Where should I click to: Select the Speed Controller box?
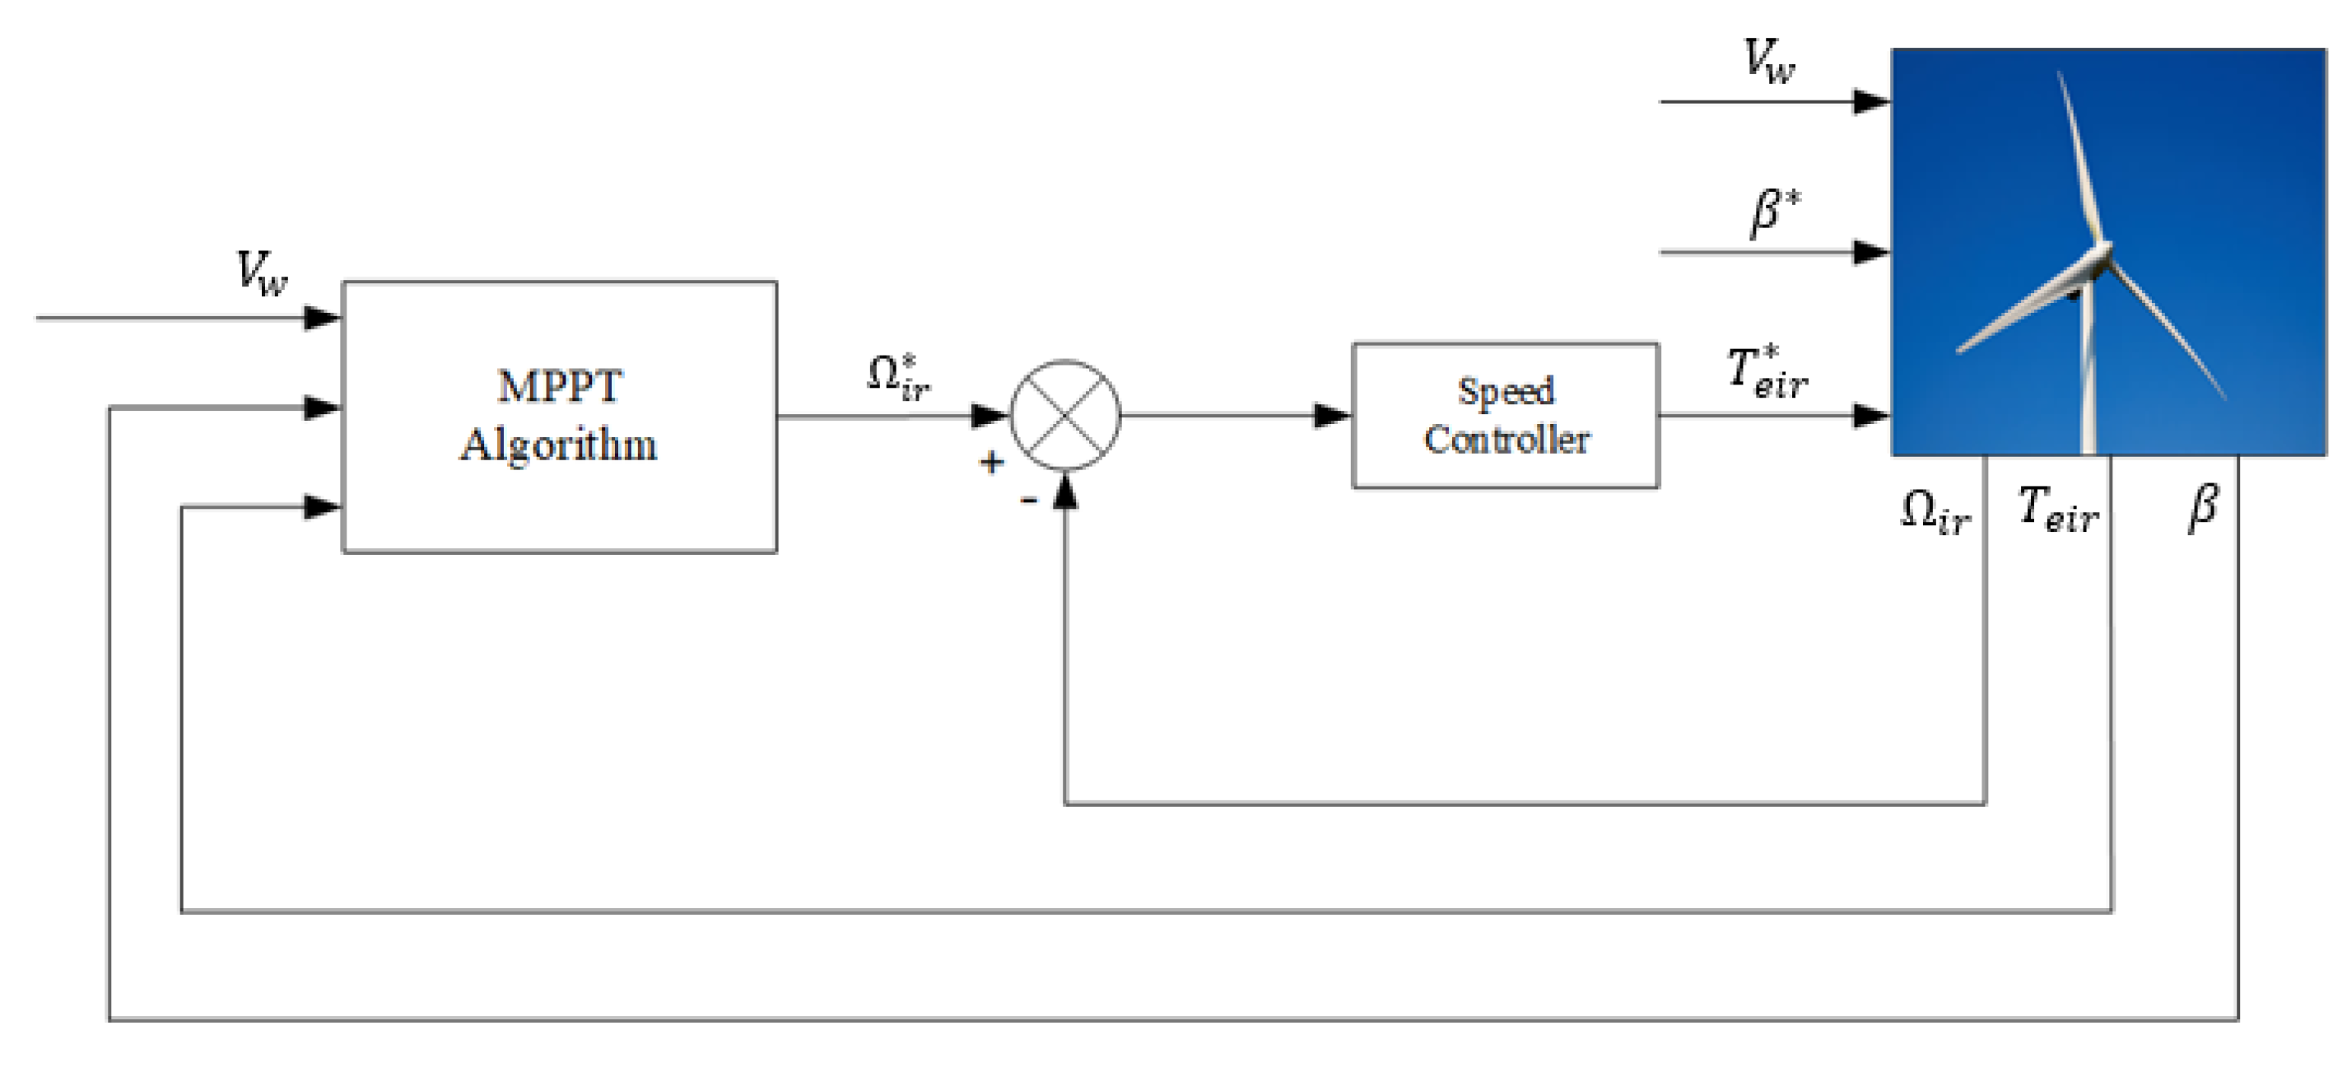1505,416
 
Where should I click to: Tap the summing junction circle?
1065,416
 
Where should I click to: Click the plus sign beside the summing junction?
991,462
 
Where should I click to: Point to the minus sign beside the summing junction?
1029,500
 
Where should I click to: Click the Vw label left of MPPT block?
262,272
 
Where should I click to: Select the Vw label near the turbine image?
1768,62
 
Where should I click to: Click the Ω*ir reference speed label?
898,377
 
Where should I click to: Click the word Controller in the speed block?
1507,440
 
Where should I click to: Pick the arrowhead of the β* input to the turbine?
1871,252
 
